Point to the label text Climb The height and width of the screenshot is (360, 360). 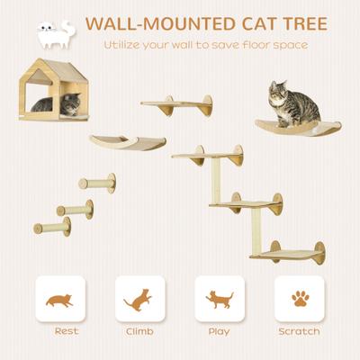[139, 331]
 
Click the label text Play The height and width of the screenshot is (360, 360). [220, 331]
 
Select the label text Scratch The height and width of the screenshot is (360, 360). [299, 331]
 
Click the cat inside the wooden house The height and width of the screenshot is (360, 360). [42, 105]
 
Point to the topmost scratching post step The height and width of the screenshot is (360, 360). [96, 183]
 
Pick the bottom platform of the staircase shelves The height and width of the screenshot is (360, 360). [288, 253]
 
